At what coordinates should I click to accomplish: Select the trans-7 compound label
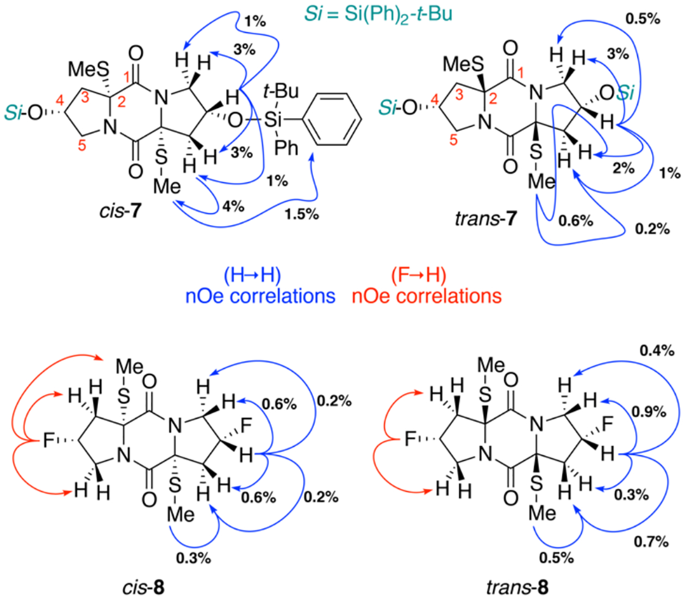485,219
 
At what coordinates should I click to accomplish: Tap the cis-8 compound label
143,587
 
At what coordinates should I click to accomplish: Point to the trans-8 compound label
517,587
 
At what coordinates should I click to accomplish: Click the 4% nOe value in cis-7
233,207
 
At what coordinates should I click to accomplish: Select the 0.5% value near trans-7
642,19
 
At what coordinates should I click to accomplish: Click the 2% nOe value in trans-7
623,168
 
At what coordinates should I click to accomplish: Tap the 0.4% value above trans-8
657,351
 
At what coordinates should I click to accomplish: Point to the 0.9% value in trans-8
649,412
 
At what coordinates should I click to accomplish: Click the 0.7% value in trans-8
651,541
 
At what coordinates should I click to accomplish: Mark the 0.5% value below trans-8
556,558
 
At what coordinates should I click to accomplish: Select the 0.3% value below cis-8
193,558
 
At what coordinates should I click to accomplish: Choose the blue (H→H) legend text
252,276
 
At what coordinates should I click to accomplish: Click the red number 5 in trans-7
453,140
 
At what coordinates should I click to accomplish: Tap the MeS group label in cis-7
88,69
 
